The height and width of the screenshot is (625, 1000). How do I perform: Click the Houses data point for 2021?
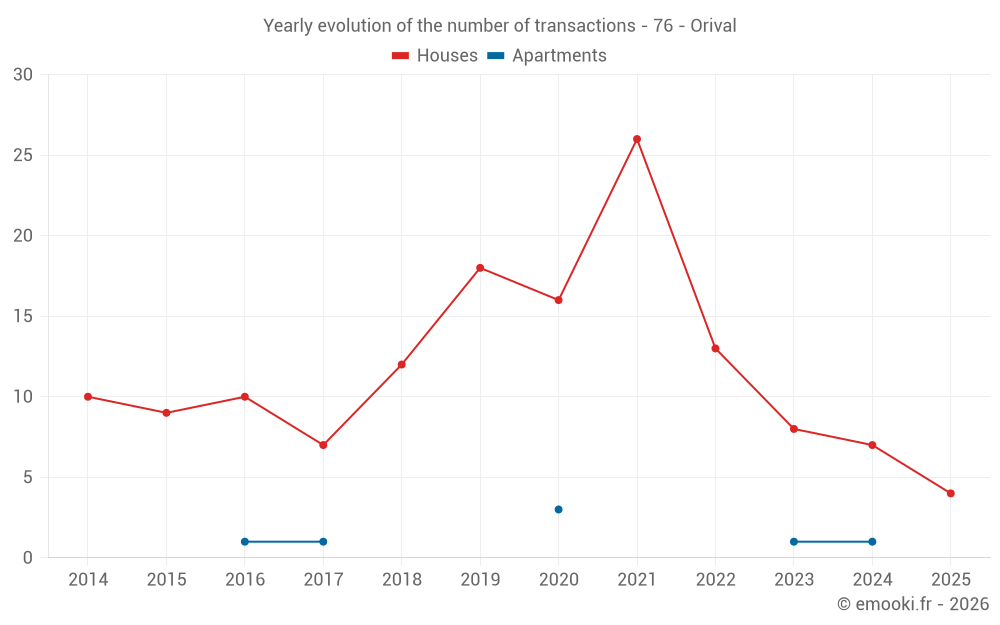tap(637, 139)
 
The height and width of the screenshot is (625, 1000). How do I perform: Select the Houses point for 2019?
tap(480, 268)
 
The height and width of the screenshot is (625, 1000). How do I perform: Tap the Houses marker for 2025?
tap(950, 493)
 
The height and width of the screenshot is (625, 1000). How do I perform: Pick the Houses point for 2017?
tap(323, 445)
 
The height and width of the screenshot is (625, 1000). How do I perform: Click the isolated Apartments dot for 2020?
tap(558, 510)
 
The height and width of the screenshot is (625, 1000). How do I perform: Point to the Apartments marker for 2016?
tap(245, 542)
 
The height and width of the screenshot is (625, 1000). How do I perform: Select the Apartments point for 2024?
tap(872, 542)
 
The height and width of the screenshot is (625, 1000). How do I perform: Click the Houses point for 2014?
tap(88, 397)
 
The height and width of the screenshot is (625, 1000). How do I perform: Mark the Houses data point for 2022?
tap(715, 348)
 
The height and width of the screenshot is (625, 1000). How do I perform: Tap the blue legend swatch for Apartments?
tap(495, 56)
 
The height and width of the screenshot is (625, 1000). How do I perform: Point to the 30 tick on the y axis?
tap(23, 75)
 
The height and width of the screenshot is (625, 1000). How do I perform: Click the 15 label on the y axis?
tap(23, 317)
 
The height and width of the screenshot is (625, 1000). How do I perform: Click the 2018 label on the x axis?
tap(401, 580)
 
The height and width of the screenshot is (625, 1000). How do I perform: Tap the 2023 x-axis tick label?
tap(793, 580)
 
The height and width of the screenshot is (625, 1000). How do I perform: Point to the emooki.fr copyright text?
tap(912, 604)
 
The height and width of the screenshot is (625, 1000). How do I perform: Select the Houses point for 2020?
tap(558, 300)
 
